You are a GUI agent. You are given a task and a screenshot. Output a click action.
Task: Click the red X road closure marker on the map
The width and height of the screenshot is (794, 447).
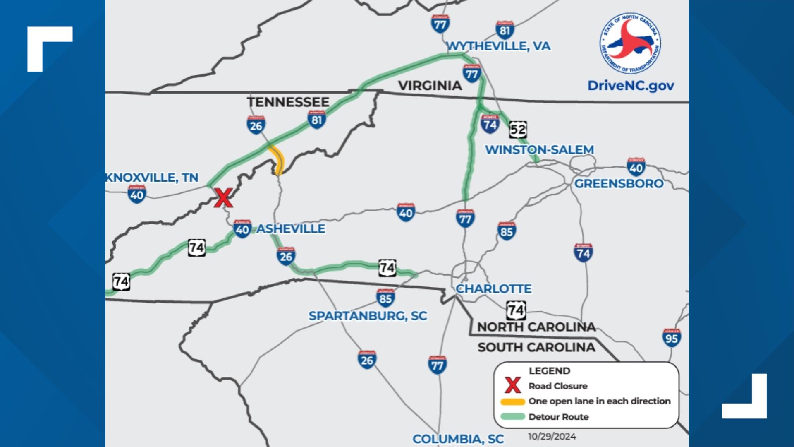coord(223,198)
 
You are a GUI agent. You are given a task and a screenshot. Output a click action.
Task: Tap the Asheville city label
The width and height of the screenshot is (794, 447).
coord(291,228)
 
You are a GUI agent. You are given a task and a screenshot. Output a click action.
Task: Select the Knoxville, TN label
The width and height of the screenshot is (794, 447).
coord(152,178)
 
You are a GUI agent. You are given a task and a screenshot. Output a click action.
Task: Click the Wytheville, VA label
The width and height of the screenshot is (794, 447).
coord(499,46)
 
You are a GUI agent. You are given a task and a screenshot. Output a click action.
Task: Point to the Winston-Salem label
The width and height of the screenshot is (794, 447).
coord(539,149)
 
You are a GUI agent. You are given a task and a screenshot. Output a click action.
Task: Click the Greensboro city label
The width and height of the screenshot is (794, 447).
coord(619,183)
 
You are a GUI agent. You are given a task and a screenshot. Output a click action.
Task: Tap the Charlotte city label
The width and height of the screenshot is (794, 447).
coord(493,288)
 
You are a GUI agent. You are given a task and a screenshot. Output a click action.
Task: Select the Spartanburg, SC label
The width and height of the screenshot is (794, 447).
coord(368,316)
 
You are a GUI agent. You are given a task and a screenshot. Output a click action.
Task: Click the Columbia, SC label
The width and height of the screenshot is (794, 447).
coord(458,439)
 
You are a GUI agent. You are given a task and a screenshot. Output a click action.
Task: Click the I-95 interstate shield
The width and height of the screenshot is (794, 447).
coord(672,338)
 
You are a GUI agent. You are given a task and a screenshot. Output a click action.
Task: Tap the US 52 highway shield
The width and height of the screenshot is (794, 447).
coord(517,130)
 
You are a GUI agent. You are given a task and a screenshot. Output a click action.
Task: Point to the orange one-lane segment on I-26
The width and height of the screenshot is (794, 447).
coord(277,159)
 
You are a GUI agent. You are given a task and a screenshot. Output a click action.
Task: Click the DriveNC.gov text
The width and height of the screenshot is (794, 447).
coord(631,86)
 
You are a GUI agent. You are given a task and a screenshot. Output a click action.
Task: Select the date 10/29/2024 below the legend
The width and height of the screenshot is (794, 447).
coord(552,437)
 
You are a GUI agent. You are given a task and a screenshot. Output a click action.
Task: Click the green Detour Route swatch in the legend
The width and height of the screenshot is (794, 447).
coord(512,417)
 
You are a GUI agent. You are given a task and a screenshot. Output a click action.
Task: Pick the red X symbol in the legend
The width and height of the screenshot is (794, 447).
coord(512,386)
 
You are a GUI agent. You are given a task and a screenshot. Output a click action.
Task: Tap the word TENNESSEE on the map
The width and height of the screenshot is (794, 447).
coord(288,102)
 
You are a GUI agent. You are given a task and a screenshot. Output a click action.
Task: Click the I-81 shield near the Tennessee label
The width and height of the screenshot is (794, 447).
coord(316,120)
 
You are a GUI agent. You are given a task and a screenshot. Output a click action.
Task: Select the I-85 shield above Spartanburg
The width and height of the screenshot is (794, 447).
coord(385,298)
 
